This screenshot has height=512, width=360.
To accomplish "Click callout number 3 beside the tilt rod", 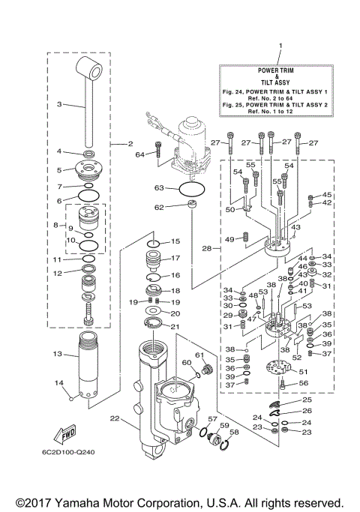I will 59,104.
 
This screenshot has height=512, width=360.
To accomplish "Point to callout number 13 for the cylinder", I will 56,353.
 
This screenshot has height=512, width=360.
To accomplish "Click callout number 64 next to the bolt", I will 139,154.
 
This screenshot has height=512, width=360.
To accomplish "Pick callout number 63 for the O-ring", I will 159,188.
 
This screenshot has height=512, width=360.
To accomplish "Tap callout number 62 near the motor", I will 159,207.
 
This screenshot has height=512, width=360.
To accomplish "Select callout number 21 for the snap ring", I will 175,326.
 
